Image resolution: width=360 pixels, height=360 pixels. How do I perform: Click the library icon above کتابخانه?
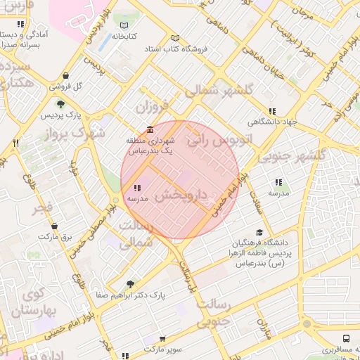click(x=124, y=25)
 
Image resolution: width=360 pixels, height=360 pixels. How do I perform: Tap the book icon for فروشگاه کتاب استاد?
click(x=175, y=38)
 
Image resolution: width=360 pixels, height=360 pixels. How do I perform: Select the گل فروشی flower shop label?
click(x=65, y=86)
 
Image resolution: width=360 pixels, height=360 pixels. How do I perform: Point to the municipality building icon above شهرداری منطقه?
click(x=149, y=129)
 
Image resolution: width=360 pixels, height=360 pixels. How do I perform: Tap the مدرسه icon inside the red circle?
click(x=136, y=188)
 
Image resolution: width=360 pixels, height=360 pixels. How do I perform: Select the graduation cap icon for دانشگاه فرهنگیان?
click(x=259, y=232)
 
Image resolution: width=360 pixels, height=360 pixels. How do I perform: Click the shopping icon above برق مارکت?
click(x=55, y=226)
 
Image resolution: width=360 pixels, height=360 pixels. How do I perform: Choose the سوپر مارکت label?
click(x=162, y=349)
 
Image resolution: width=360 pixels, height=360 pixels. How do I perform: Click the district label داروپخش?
click(x=181, y=195)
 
